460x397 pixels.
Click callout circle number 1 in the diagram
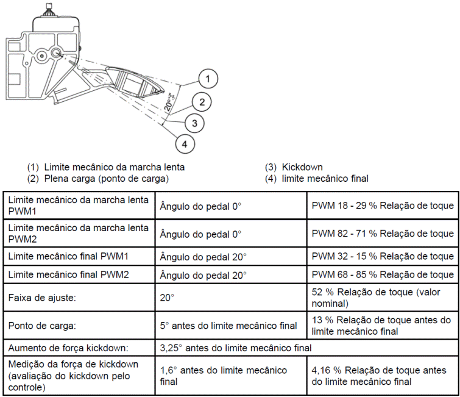pyautogui.click(x=208, y=79)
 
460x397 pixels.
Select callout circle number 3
pyautogui.click(x=194, y=123)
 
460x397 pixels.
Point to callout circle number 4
pyautogui.click(x=184, y=145)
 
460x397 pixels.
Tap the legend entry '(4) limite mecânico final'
pyautogui.click(x=316, y=179)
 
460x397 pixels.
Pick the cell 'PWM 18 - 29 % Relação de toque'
pyautogui.click(x=383, y=206)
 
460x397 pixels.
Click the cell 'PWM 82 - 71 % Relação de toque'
pyautogui.click(x=383, y=234)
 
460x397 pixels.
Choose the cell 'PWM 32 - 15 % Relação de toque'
pyautogui.click(x=383, y=257)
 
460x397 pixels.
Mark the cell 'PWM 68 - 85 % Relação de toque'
pyautogui.click(x=383, y=275)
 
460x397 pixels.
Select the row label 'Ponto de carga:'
pyautogui.click(x=40, y=326)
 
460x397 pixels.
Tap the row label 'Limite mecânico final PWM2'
pyautogui.click(x=69, y=275)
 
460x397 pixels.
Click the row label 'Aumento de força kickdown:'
pyautogui.click(x=66, y=348)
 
